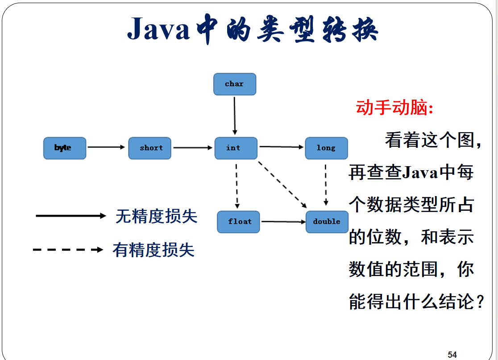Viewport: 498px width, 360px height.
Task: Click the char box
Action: (x=235, y=84)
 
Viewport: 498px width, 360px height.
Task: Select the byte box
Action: (x=64, y=148)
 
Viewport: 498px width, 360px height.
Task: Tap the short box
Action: (x=149, y=148)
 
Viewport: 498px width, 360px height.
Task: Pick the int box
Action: (x=236, y=148)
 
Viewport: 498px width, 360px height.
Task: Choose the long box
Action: (x=326, y=148)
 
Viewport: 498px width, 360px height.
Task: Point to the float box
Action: (x=238, y=222)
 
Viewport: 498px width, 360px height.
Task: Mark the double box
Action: (x=327, y=222)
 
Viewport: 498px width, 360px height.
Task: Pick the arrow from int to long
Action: (x=281, y=147)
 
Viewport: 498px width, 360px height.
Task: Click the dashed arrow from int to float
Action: (x=237, y=184)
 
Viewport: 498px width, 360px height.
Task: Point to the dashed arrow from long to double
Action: (x=326, y=184)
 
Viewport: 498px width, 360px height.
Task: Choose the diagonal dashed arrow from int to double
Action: (x=282, y=184)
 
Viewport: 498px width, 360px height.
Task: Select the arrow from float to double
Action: (x=283, y=221)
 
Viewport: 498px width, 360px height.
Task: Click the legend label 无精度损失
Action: (x=156, y=216)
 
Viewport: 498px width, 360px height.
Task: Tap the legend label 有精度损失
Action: (x=154, y=250)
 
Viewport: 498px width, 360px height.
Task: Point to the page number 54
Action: (x=452, y=355)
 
